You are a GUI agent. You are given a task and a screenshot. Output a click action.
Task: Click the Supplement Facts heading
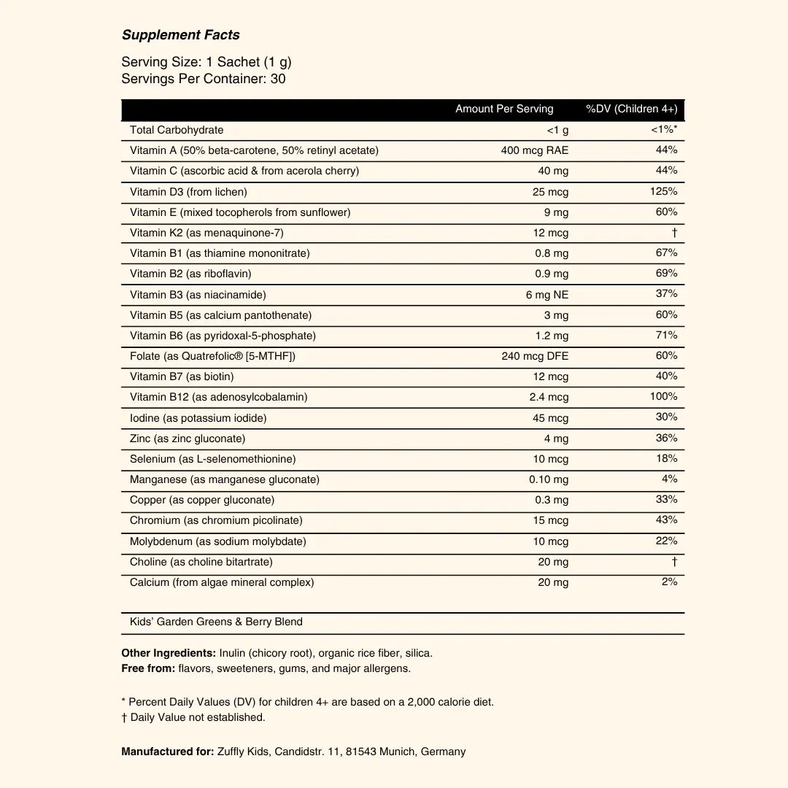click(180, 35)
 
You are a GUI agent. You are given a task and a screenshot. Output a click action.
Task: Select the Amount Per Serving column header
click(504, 109)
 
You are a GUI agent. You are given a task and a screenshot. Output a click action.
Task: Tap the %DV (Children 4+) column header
click(631, 109)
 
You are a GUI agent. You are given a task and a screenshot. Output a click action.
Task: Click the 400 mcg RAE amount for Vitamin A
click(535, 150)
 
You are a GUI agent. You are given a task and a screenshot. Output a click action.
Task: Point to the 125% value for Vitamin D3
click(663, 191)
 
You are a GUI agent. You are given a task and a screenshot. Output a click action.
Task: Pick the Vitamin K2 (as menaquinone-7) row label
click(206, 233)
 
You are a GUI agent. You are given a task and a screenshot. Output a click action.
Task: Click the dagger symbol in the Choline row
click(674, 562)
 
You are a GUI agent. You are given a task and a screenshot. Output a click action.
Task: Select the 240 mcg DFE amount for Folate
click(535, 356)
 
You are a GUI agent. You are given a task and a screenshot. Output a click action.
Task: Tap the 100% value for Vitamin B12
click(663, 396)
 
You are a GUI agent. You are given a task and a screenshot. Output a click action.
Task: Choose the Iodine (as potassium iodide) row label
click(198, 418)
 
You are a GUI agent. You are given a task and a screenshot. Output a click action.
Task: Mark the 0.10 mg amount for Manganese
click(549, 479)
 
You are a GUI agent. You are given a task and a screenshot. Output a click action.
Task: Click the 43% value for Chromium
click(666, 519)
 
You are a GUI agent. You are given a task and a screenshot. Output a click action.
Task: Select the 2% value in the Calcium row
click(669, 582)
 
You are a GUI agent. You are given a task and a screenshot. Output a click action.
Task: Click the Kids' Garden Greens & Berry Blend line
click(216, 622)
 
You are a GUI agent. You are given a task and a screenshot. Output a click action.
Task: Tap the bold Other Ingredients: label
click(169, 653)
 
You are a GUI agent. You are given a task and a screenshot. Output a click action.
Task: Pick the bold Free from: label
click(148, 668)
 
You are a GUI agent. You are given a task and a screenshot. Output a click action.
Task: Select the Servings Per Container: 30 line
click(204, 78)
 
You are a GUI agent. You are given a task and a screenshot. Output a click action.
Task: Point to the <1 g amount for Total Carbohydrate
click(557, 130)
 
